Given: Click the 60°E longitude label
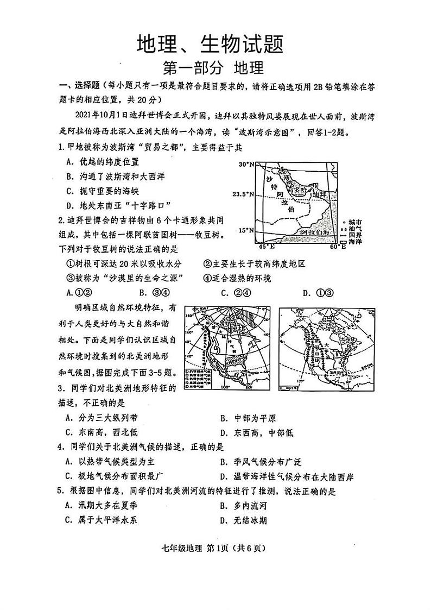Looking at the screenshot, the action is pos(338,247).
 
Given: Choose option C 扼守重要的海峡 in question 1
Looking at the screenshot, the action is pos(102,191).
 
